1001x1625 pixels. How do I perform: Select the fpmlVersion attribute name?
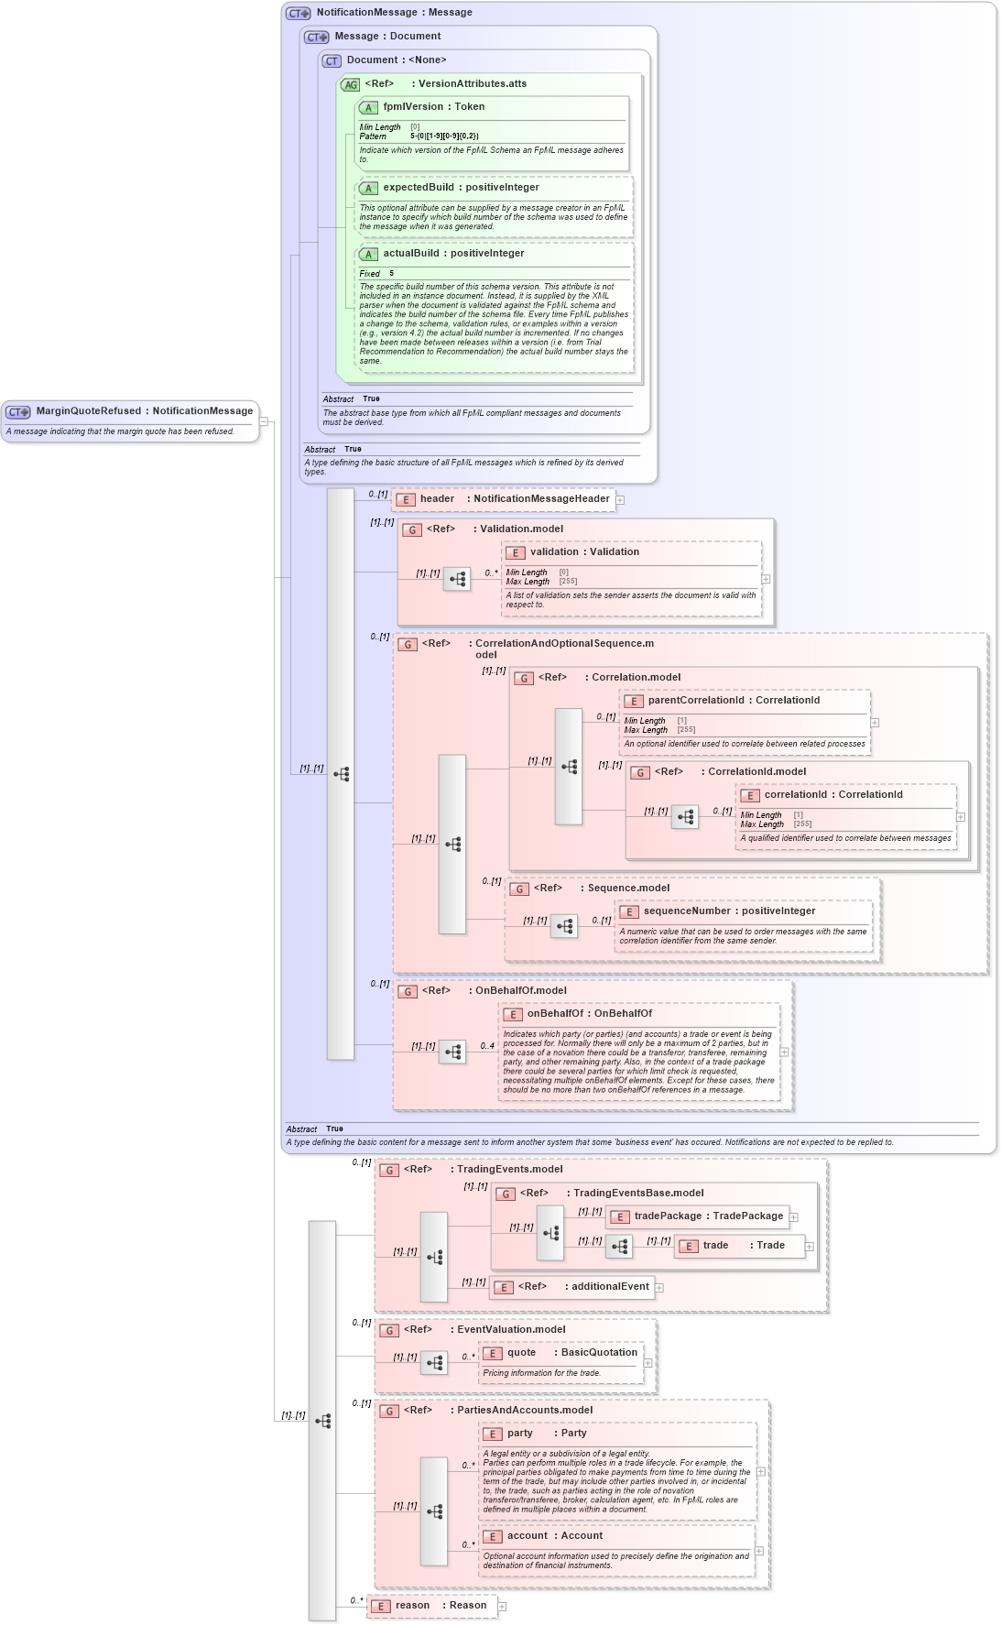coord(412,107)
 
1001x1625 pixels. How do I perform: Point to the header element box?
coord(504,499)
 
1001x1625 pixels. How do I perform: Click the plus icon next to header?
coord(620,500)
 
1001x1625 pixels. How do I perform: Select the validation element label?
coord(553,552)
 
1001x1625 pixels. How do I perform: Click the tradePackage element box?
coord(697,1216)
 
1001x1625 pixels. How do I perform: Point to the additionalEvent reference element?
coord(572,1287)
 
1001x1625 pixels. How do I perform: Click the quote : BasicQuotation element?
coord(560,1353)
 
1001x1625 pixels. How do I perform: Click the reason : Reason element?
coord(431,1606)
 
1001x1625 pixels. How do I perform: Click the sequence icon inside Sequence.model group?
coord(564,926)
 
